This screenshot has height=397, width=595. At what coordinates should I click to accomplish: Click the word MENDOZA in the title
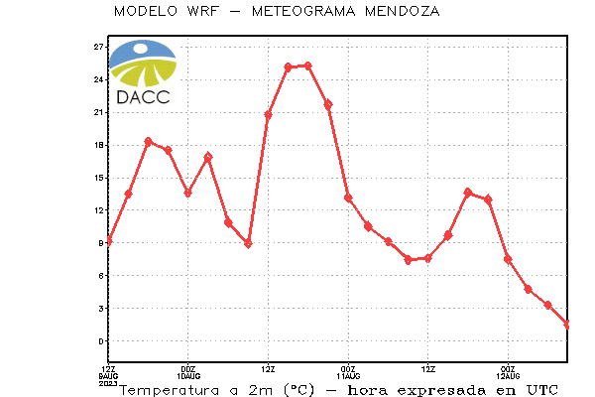coord(403,11)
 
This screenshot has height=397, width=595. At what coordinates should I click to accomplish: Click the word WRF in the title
coord(203,11)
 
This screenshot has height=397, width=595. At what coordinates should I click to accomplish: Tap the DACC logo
coord(143,72)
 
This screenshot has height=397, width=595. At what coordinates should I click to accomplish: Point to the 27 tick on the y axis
coord(98,47)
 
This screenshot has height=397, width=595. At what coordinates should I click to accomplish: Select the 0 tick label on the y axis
coord(101,341)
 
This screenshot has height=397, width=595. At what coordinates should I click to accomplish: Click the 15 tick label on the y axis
coord(98,178)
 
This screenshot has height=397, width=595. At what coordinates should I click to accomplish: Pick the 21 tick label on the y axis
coord(98,112)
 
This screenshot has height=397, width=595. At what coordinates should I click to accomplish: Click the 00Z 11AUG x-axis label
coord(348,373)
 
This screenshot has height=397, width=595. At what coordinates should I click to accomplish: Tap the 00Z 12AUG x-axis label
coord(508,373)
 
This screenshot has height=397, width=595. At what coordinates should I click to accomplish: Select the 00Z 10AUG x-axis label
coord(188,373)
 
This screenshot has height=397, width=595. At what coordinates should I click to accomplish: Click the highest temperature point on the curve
coord(308,66)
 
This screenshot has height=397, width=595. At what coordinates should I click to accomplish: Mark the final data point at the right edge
coord(567,325)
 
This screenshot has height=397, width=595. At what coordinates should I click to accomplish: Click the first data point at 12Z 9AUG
coord(109,241)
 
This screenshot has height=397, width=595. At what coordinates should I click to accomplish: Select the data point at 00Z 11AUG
coord(348,198)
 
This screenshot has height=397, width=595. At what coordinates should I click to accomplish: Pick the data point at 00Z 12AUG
coord(508,259)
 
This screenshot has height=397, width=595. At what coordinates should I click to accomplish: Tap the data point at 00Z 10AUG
coord(187,193)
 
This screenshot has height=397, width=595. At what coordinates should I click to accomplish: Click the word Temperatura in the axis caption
coord(170,390)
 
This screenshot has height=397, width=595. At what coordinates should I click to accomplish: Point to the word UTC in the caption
coord(542,390)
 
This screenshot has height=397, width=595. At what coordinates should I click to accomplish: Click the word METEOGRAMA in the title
coord(303,11)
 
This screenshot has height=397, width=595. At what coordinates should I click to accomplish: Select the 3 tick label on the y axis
coord(101,309)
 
